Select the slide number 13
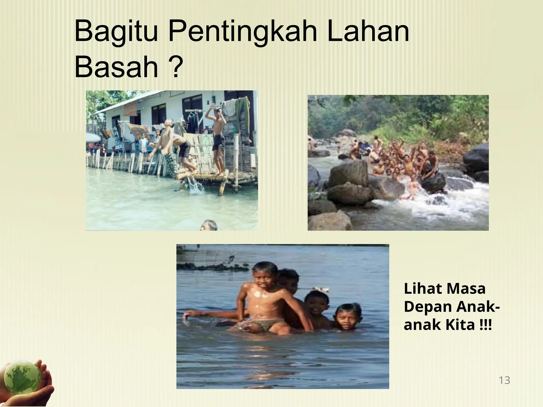[504, 380]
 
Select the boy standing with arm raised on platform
[218, 138]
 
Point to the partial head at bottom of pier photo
[208, 226]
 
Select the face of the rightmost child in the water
[347, 318]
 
